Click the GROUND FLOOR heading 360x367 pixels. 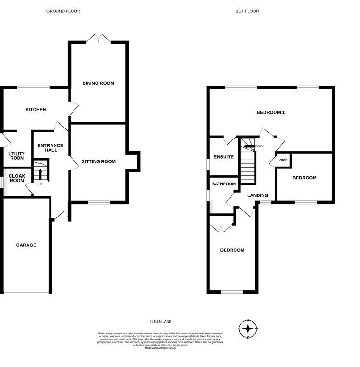coord(63,11)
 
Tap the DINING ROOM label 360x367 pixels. coord(98,83)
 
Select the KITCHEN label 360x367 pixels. coord(35,109)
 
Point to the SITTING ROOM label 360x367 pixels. coord(98,161)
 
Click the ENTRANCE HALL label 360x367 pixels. coord(50,148)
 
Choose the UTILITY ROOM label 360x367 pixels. coord(17,156)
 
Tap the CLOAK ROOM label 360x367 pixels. coord(17,178)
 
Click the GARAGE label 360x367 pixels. coord(26,245)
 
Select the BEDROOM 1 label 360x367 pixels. coord(270,112)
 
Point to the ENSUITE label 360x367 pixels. coord(224,157)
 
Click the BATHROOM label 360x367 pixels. coord(224,184)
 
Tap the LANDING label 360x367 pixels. coord(257,195)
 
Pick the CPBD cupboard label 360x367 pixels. coord(283,160)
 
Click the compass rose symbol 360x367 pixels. coord(248,328)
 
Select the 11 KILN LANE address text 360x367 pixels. coord(160,322)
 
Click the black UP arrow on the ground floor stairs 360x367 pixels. coord(40,174)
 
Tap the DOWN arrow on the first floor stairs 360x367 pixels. coord(249,146)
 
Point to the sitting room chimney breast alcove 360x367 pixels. coord(133,161)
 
